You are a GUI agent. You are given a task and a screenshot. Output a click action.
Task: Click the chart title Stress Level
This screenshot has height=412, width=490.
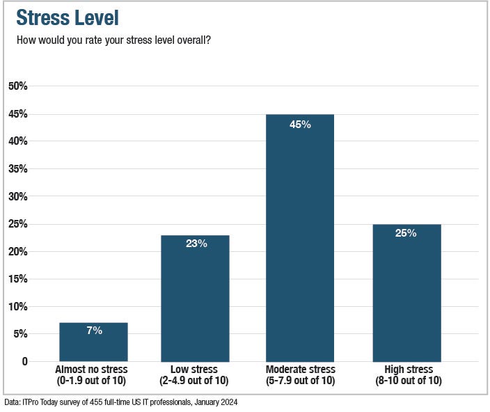pos(68,18)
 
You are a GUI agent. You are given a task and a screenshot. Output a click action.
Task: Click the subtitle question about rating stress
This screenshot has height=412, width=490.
pos(113,40)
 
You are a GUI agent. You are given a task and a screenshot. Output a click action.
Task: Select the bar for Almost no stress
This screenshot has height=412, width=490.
pos(93,342)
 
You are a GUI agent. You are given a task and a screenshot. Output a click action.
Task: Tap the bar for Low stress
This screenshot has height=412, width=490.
pos(195,299)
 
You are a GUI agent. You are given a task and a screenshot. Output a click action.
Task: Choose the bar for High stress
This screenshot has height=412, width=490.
pos(406,294)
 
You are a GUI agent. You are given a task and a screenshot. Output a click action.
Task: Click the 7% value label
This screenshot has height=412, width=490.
pos(94,331)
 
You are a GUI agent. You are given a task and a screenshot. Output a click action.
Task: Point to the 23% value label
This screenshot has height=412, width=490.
pos(196,244)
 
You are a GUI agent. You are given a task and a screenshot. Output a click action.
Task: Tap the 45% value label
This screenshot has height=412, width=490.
pos(300,125)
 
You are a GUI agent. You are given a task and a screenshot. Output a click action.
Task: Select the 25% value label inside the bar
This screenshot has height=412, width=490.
pos(406,233)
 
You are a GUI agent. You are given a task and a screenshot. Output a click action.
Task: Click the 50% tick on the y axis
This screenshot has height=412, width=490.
pos(17,86)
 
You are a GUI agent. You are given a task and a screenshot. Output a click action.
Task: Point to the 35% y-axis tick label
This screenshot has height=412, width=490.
pos(17,169)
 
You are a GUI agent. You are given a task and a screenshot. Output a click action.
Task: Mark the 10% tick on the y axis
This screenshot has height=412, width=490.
pos(17,307)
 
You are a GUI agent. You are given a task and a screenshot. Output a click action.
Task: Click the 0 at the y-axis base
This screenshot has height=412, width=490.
pos(24,362)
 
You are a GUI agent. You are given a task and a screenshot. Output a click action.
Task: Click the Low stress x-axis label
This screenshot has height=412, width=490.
pos(194,374)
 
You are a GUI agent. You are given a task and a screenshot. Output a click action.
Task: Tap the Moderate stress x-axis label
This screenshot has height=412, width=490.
pos(300,374)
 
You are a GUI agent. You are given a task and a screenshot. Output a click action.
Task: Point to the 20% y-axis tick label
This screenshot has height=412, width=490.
pos(17,252)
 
